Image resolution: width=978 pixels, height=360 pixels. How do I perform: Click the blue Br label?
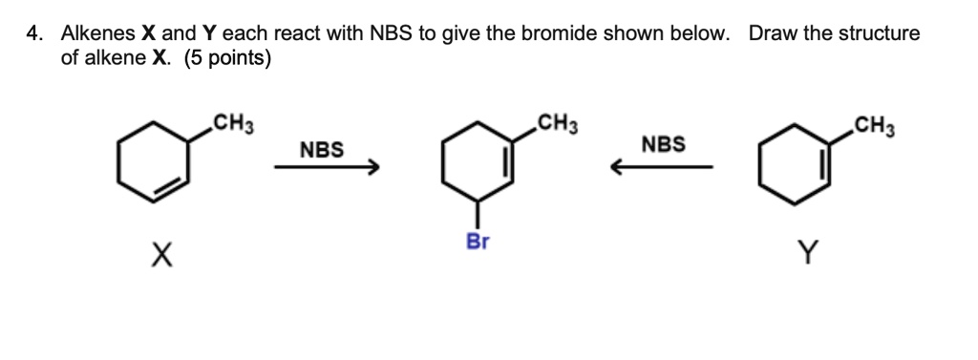point(478,242)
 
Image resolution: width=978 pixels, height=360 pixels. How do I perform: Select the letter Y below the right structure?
point(808,253)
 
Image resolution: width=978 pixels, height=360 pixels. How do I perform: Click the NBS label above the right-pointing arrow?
point(322,150)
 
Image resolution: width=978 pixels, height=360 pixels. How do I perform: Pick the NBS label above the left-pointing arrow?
point(664,144)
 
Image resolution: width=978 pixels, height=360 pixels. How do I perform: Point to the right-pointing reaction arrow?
point(327,168)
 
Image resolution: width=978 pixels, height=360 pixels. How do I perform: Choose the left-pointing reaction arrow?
point(663,168)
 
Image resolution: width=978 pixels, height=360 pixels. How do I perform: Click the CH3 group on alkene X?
point(232,123)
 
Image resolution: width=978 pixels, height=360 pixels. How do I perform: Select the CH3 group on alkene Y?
point(874,123)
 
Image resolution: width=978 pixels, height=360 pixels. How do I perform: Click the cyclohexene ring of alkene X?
point(152,163)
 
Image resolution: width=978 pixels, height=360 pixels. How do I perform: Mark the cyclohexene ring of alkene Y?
point(796,163)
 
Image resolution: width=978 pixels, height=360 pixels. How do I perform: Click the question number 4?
point(33,34)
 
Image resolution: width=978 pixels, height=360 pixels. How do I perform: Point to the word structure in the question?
point(880,34)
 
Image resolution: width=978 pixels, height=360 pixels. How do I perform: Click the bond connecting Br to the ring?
point(478,213)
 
